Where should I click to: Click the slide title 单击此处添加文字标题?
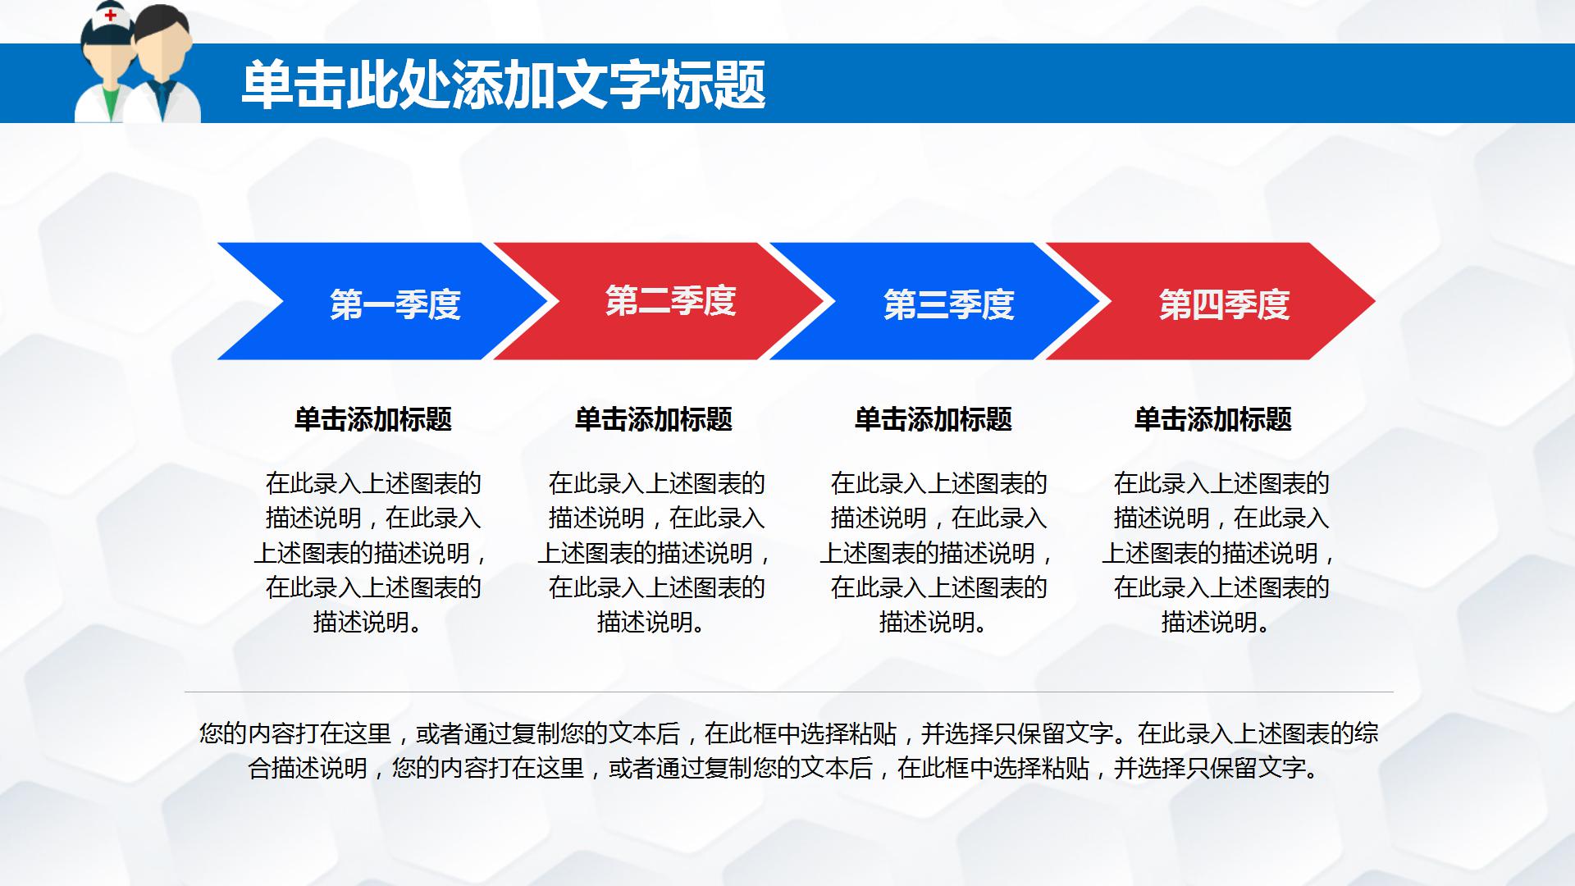click(503, 85)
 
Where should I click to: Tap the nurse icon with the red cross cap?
click(105, 66)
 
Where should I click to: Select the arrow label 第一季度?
click(395, 304)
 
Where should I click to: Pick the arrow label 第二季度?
click(670, 301)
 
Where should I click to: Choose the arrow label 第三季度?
click(948, 304)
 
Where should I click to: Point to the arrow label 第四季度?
click(1224, 304)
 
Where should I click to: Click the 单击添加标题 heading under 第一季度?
click(373, 419)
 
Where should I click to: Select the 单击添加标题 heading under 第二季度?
click(654, 419)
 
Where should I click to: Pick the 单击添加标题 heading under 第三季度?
click(934, 419)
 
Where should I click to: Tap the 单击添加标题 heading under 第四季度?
click(1213, 419)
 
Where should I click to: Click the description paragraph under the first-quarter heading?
click(373, 552)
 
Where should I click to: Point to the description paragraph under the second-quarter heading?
click(655, 552)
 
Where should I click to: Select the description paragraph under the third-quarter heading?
click(938, 552)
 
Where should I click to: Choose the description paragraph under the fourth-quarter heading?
click(1220, 552)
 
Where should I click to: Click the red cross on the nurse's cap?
click(110, 15)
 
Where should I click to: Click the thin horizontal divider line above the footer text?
click(787, 692)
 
